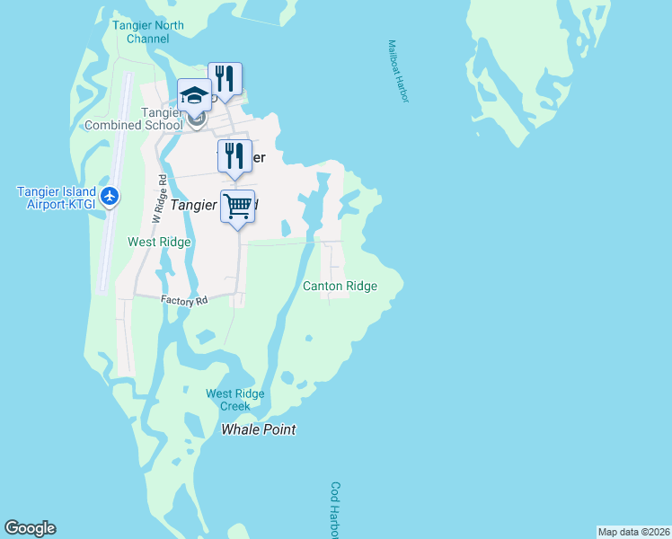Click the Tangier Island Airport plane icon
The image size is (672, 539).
pyautogui.click(x=110, y=196)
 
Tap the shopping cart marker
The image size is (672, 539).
pyautogui.click(x=237, y=207)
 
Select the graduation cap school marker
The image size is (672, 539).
pyautogui.click(x=194, y=95)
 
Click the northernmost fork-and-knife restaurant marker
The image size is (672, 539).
pyautogui.click(x=225, y=78)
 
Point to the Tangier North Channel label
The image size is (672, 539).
pyautogui.click(x=148, y=32)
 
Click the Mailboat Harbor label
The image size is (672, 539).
pyautogui.click(x=398, y=69)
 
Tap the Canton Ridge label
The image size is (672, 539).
pyautogui.click(x=340, y=286)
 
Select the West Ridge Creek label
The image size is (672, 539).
pyautogui.click(x=234, y=400)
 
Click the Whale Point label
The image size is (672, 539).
pyautogui.click(x=259, y=429)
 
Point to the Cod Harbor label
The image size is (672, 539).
pyautogui.click(x=336, y=509)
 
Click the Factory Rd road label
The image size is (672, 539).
pyautogui.click(x=184, y=301)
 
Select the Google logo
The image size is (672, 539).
pyautogui.click(x=30, y=528)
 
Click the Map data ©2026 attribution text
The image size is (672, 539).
pyautogui.click(x=633, y=532)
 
